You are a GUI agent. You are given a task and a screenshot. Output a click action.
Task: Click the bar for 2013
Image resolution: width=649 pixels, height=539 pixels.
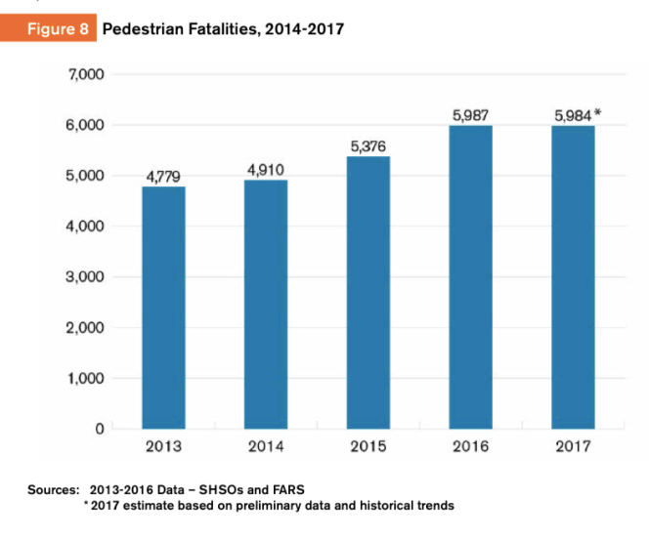163,307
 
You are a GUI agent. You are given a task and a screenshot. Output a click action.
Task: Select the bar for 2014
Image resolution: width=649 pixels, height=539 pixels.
266,304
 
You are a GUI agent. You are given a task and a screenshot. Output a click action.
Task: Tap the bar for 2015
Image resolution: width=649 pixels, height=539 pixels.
368,292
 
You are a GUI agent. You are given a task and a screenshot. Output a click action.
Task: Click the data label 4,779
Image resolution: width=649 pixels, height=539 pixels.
163,176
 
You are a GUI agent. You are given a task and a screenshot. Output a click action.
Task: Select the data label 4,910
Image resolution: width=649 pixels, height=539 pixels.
266,169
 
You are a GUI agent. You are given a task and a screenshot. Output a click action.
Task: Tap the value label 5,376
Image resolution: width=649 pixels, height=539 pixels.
368,145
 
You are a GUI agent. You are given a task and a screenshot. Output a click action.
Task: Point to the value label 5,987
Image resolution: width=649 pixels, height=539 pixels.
470,115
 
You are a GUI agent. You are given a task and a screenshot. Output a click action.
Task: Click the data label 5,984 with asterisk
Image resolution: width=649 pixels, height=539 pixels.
576,115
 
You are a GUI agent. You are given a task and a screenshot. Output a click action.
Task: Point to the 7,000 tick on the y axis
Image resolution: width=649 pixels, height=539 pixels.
87,74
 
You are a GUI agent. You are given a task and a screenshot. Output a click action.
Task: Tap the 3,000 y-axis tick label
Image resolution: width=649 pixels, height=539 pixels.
87,276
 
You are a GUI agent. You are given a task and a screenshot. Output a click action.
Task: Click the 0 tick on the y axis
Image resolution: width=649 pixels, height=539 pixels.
99,429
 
